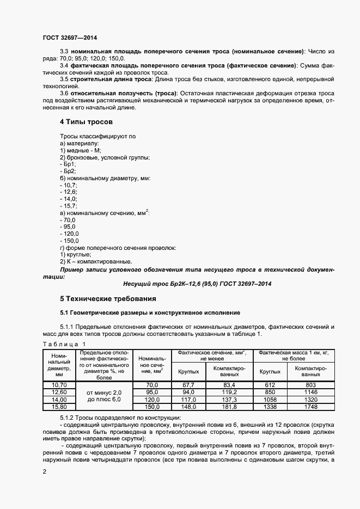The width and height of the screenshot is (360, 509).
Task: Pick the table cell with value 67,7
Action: point(188,385)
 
